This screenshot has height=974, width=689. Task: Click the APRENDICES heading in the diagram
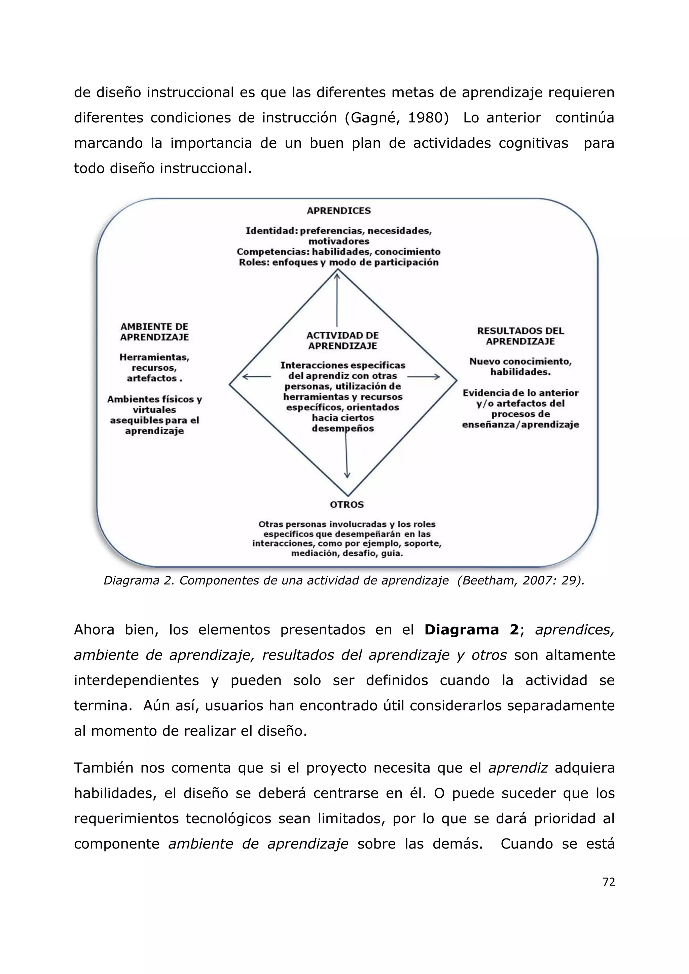click(338, 211)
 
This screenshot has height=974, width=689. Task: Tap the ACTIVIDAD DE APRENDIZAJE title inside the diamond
click(342, 340)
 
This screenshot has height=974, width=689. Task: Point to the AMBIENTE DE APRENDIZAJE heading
click(154, 332)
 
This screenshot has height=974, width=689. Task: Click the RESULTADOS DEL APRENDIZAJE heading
click(520, 336)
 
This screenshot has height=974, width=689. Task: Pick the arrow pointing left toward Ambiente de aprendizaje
click(256, 376)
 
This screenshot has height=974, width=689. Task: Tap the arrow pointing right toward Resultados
click(424, 376)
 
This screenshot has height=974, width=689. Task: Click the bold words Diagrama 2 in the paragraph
click(471, 630)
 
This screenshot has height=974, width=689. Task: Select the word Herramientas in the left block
click(154, 357)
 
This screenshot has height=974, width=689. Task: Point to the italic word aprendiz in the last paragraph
click(518, 768)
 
